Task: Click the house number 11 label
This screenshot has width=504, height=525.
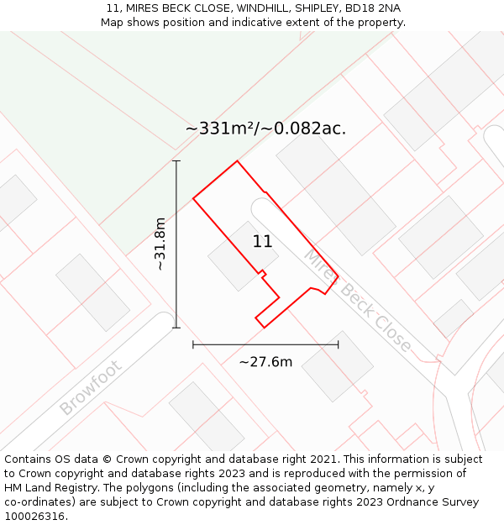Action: (262, 242)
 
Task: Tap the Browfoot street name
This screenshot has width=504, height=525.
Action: (91, 388)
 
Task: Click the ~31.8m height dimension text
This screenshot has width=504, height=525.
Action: (160, 244)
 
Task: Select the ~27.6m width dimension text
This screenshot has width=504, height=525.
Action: (265, 362)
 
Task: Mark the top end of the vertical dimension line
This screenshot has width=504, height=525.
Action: (176, 160)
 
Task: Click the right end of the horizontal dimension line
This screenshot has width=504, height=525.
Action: (339, 344)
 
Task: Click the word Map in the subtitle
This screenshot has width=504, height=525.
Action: (113, 23)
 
